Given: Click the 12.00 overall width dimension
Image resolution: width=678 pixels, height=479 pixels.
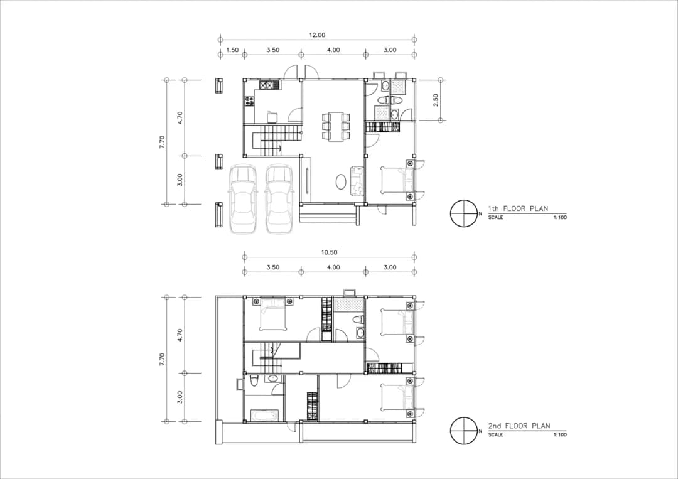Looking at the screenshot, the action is pyautogui.click(x=317, y=35).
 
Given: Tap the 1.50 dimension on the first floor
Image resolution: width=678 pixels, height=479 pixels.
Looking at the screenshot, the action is pyautogui.click(x=232, y=50).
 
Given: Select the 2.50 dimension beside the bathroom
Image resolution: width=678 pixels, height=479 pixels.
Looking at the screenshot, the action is pyautogui.click(x=436, y=100).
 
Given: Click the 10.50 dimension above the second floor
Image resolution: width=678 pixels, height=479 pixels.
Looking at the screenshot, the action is pyautogui.click(x=329, y=252).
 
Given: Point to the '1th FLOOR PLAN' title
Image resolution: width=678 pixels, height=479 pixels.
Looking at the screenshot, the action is pyautogui.click(x=518, y=208).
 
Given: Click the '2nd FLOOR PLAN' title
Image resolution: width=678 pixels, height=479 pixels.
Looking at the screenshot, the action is pyautogui.click(x=519, y=426).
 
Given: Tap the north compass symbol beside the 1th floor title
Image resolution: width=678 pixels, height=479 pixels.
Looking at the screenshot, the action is pyautogui.click(x=464, y=213).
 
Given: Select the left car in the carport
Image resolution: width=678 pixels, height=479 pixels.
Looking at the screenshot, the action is pyautogui.click(x=244, y=199).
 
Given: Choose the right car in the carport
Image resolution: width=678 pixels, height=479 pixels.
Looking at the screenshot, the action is pyautogui.click(x=279, y=199).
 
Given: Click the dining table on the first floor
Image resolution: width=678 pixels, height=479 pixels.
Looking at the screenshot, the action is pyautogui.click(x=336, y=126).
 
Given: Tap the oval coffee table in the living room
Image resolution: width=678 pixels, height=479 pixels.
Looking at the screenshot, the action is pyautogui.click(x=340, y=181).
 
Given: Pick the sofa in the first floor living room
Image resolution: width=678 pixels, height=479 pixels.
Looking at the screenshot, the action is pyautogui.click(x=358, y=181).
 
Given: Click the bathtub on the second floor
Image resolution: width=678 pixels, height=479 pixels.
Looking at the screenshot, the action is pyautogui.click(x=264, y=416).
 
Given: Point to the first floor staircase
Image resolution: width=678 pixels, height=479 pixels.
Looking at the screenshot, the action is pyautogui.click(x=277, y=141).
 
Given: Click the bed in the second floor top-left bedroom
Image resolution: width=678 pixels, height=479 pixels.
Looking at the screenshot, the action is pyautogui.click(x=272, y=315).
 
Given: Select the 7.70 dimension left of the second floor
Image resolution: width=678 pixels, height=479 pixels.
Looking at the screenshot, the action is pyautogui.click(x=162, y=359).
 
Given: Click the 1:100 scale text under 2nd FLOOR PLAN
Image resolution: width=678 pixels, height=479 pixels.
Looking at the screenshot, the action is pyautogui.click(x=559, y=434).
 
